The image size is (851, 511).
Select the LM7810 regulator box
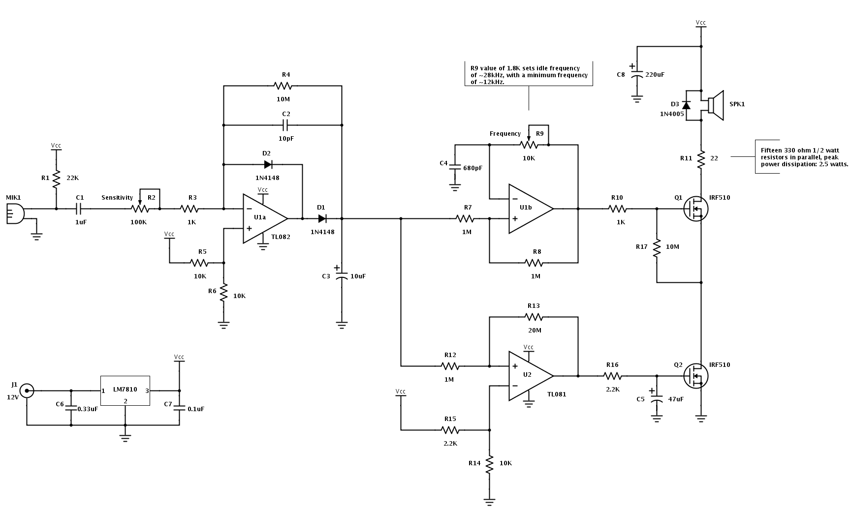(x=125, y=391)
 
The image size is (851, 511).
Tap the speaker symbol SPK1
(x=716, y=105)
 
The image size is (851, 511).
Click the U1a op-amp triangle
(x=263, y=218)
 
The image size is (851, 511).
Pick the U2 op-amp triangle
(x=530, y=376)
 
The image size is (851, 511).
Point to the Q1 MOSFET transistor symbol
(x=694, y=209)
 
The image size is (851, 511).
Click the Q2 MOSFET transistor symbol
(x=694, y=376)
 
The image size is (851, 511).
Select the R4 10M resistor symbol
(x=283, y=86)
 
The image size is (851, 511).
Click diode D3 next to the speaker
(x=686, y=105)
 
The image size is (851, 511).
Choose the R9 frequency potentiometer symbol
(x=529, y=144)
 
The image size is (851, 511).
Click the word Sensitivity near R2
(x=117, y=198)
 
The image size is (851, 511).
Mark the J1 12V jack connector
(x=27, y=391)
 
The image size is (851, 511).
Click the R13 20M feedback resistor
(x=534, y=317)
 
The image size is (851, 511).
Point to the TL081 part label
(x=556, y=394)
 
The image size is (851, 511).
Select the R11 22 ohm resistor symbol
(x=701, y=159)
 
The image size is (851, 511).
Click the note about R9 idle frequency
(x=529, y=75)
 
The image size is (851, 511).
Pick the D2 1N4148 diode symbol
(x=268, y=164)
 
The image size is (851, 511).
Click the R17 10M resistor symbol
(x=657, y=247)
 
